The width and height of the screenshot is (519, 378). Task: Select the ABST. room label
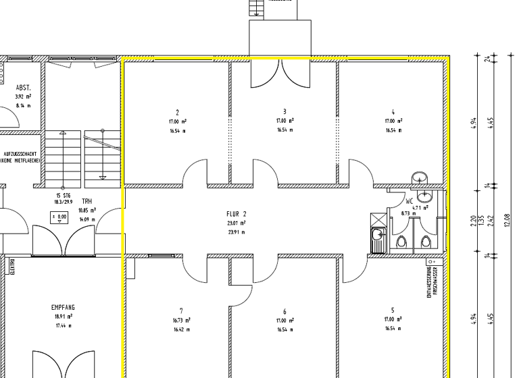(23, 88)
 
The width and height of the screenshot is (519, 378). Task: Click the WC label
(409, 201)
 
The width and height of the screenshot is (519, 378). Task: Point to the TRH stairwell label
(86, 201)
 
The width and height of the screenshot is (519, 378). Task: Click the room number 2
(177, 112)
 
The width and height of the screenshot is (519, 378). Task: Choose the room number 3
(285, 111)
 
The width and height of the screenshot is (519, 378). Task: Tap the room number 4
(392, 112)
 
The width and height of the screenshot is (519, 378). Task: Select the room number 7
(180, 311)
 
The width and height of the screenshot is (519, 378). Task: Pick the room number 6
(285, 312)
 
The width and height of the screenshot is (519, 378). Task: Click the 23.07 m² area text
(236, 223)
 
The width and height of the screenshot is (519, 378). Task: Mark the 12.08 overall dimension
(508, 219)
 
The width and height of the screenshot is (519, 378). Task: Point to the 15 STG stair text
(64, 195)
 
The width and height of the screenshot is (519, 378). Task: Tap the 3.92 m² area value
(23, 97)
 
